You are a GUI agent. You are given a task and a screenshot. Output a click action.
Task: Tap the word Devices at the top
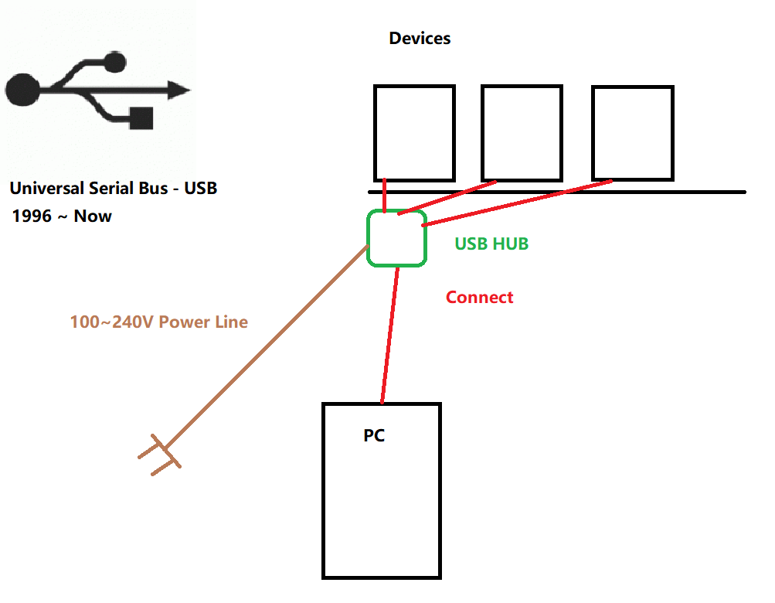click(420, 39)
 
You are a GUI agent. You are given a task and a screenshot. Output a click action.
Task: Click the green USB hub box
click(397, 238)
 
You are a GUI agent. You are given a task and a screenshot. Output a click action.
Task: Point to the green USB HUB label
click(491, 244)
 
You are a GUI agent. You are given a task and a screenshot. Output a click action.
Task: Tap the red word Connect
click(479, 298)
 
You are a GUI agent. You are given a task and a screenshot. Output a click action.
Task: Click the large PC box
click(382, 502)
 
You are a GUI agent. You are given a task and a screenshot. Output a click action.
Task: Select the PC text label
click(374, 436)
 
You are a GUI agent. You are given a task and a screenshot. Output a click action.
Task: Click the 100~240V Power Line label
click(159, 322)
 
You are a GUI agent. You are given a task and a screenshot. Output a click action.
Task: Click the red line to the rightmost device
click(518, 203)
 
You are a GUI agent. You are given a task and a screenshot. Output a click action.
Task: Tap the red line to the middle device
click(448, 197)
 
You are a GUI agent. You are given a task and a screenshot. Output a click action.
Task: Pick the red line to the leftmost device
click(384, 195)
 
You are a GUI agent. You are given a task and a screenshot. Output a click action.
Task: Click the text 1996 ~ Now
click(62, 216)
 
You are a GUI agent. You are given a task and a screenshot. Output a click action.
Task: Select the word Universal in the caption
click(46, 188)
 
